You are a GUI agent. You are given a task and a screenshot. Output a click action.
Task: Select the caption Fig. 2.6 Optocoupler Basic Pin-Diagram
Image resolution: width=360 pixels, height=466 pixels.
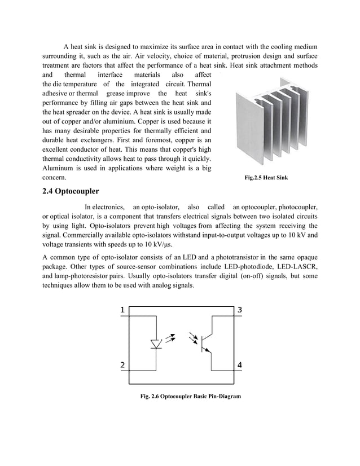tap(190, 397)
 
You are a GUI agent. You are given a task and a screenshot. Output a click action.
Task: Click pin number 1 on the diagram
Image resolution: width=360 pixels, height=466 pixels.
tap(123, 310)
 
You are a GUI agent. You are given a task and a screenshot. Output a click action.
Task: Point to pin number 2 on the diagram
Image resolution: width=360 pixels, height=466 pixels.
tap(123, 364)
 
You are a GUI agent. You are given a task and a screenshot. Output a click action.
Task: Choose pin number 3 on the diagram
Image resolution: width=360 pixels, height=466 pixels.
tap(240, 310)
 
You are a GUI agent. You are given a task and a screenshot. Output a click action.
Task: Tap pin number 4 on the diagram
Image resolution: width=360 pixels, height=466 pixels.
tap(240, 364)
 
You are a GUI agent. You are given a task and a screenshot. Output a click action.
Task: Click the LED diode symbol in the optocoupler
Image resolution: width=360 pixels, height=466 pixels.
tap(156, 344)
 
